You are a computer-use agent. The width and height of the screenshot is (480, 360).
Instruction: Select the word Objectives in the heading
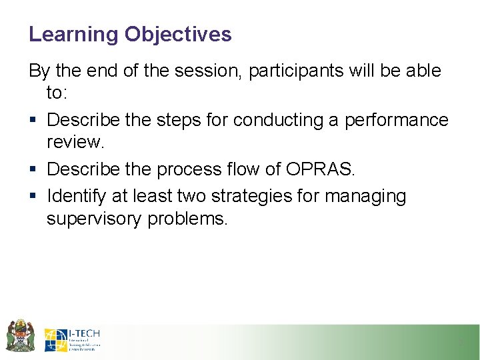point(178,35)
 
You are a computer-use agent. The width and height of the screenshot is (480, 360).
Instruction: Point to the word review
point(73,144)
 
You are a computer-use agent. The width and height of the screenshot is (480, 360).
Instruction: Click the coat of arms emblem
point(20,335)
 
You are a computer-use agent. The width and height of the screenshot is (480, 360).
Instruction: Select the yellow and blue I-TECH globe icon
point(55,339)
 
